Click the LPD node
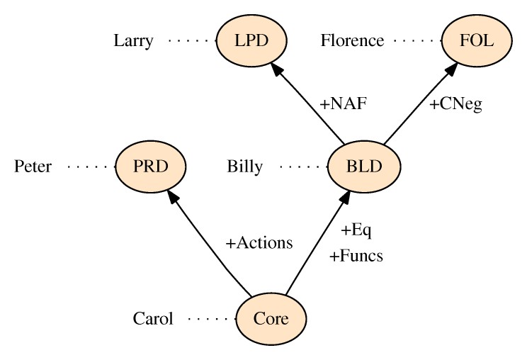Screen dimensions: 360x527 click(252, 40)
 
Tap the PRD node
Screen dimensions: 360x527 click(150, 167)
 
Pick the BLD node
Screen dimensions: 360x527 click(365, 167)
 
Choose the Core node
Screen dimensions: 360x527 click(271, 319)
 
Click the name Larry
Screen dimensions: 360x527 click(133, 40)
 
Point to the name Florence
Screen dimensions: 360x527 click(352, 40)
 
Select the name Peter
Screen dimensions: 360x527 click(33, 167)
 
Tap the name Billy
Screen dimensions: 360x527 click(245, 167)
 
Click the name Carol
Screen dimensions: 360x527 click(153, 319)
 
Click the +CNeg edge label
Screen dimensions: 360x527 click(455, 103)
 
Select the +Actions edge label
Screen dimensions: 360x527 click(259, 242)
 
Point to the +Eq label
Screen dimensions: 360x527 click(356, 230)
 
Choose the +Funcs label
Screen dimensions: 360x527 click(356, 256)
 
